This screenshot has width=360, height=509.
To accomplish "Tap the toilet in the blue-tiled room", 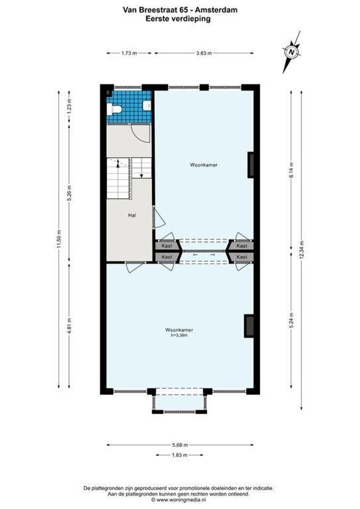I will pyautogui.click(x=115, y=109).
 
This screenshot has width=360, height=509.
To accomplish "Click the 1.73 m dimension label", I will pyautogui.click(x=129, y=53).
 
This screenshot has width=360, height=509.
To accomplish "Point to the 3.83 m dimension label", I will pyautogui.click(x=204, y=53).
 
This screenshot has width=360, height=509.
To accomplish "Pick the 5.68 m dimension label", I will pyautogui.click(x=180, y=444).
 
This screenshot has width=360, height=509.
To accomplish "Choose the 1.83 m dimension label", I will pyautogui.click(x=180, y=455).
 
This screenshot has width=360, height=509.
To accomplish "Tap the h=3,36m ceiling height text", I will pyautogui.click(x=179, y=336).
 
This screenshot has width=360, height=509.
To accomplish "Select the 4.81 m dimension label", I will pyautogui.click(x=69, y=325).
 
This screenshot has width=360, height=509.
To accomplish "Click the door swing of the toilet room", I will pyautogui.click(x=141, y=134).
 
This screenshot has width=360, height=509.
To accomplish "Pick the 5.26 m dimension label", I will pyautogui.click(x=69, y=192).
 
